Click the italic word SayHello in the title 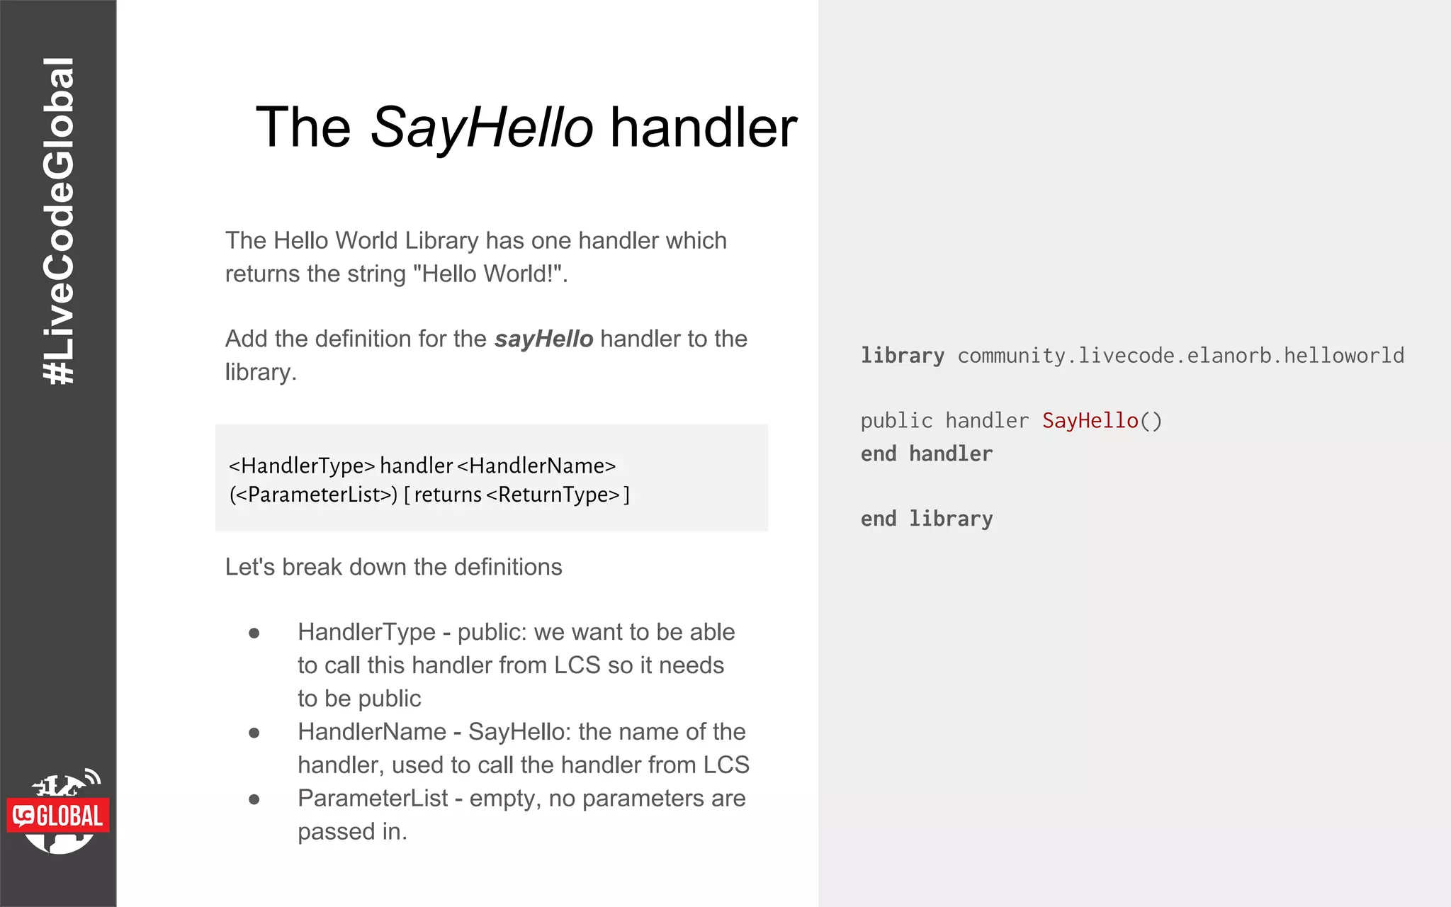point(482,128)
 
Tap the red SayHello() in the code point(1102,421)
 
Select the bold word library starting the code point(902,356)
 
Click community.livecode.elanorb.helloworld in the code point(1180,356)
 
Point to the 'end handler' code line point(927,454)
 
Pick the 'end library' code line point(927,519)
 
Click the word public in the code point(896,421)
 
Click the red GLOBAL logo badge point(59,816)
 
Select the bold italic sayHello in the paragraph point(543,339)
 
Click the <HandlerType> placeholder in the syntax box point(301,466)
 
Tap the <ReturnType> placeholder point(553,495)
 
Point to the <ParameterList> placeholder point(314,495)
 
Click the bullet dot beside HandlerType point(254,633)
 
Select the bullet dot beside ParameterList point(254,799)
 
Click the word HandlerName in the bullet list point(372,732)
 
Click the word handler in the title point(704,128)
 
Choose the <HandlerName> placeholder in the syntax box point(536,466)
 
